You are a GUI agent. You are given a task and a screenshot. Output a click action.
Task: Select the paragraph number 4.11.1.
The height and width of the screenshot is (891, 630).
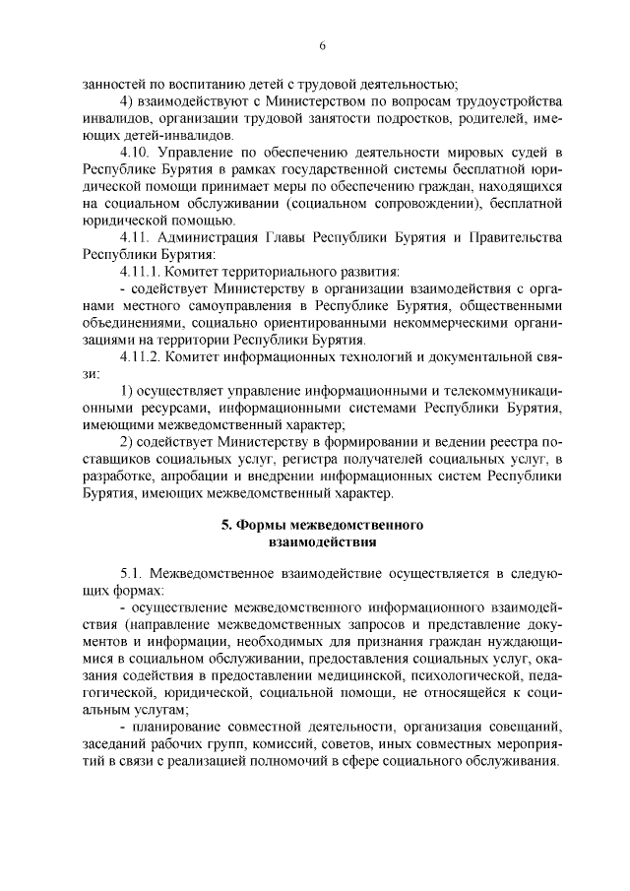[141, 269]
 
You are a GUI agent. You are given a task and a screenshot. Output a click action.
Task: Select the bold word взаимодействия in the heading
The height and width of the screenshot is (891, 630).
[322, 541]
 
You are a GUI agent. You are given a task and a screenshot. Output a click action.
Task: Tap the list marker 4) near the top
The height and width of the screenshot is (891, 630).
[126, 103]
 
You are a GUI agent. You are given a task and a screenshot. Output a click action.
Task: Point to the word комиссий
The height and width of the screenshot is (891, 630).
[303, 743]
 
